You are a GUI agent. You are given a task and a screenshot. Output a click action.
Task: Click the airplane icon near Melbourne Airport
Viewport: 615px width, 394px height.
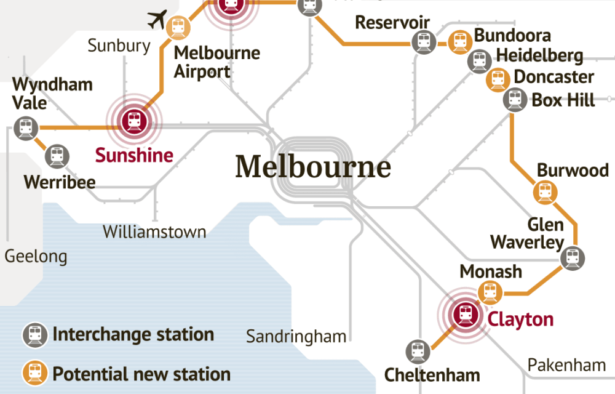click(x=158, y=20)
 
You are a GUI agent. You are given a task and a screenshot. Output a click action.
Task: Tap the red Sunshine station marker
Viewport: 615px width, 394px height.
click(x=133, y=120)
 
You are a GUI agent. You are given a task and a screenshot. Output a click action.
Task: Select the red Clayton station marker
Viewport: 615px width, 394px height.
click(x=464, y=315)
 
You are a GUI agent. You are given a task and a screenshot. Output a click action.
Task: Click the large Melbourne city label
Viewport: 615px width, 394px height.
click(x=313, y=167)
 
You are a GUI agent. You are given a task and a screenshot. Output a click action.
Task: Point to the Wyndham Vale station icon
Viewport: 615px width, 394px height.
click(x=25, y=128)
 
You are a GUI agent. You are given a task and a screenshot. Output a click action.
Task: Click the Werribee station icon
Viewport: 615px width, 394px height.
click(x=57, y=156)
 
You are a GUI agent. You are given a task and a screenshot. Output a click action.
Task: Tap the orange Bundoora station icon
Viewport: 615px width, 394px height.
click(x=459, y=41)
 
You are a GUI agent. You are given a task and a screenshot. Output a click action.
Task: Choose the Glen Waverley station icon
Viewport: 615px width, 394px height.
click(x=573, y=258)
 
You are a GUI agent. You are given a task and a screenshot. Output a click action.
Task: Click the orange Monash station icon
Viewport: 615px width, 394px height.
click(x=490, y=292)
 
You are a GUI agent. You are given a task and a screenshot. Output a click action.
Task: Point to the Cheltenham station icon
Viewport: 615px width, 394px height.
click(x=418, y=352)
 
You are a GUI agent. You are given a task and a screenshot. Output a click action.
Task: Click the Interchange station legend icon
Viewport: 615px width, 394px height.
click(x=34, y=335)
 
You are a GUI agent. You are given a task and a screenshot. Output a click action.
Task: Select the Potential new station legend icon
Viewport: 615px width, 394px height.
click(x=34, y=373)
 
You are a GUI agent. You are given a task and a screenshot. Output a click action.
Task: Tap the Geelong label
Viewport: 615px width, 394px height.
click(x=36, y=255)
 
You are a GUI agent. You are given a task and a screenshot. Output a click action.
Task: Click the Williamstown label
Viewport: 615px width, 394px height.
click(x=154, y=232)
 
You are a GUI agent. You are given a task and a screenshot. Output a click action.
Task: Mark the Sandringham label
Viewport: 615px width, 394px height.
click(x=296, y=336)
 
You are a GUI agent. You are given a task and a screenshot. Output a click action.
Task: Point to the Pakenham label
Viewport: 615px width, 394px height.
click(x=566, y=365)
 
